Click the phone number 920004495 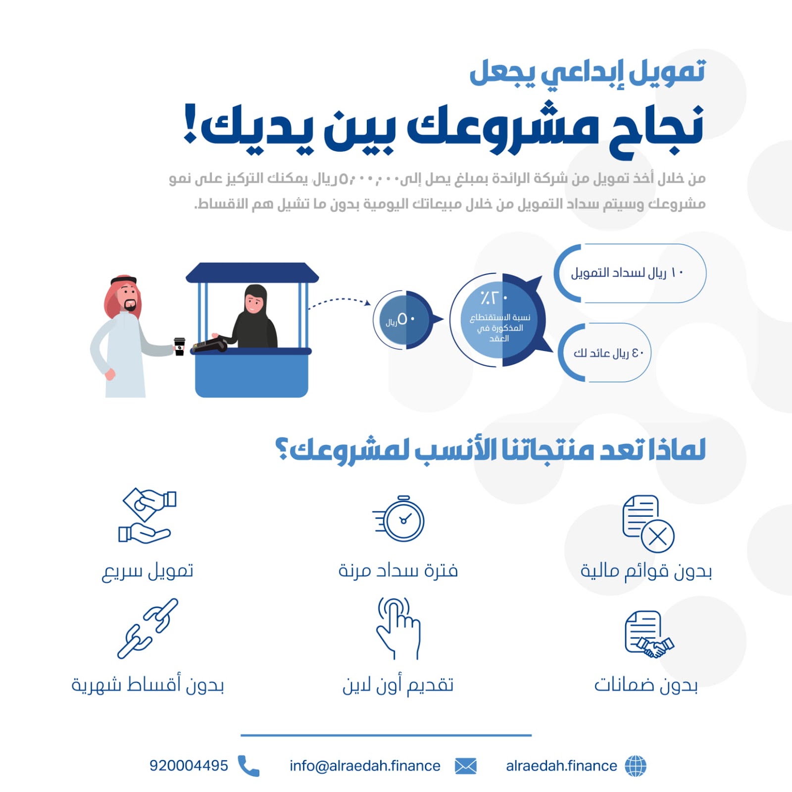189,766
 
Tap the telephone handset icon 248,766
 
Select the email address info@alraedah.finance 365,766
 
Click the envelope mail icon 465,766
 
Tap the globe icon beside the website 636,766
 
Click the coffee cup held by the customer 179,346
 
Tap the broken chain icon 148,628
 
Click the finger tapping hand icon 398,628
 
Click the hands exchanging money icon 147,515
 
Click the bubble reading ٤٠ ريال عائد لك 604,352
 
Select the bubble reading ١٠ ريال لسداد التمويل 630,273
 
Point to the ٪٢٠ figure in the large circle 494,298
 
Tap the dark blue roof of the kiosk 252,273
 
